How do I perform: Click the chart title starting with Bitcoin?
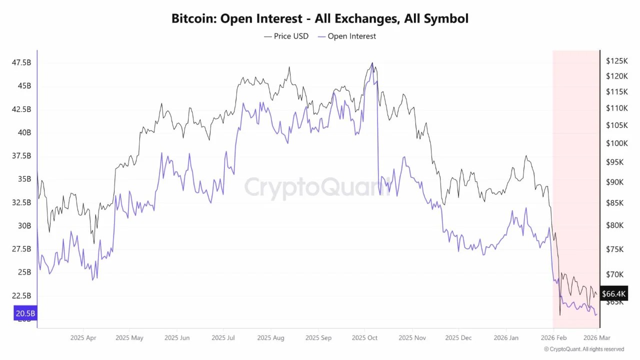pos(320,19)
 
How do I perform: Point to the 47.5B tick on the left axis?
pos(21,62)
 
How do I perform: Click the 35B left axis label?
pos(24,179)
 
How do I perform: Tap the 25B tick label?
pos(24,272)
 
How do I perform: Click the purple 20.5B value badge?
pos(25,313)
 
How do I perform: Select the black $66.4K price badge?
pos(613,293)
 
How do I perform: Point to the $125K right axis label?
pos(616,61)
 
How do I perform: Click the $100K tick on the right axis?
pos(616,143)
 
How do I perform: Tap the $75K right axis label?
pos(614,249)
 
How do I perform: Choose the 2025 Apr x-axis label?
pos(83,338)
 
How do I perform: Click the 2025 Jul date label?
pos(223,338)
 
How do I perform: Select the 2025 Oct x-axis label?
pos(364,338)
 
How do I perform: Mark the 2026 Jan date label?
pos(505,338)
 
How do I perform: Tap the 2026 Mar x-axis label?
pos(596,338)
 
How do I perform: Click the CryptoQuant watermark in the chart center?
pos(318,187)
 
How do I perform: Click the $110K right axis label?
pos(616,108)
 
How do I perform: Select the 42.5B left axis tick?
pos(21,109)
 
